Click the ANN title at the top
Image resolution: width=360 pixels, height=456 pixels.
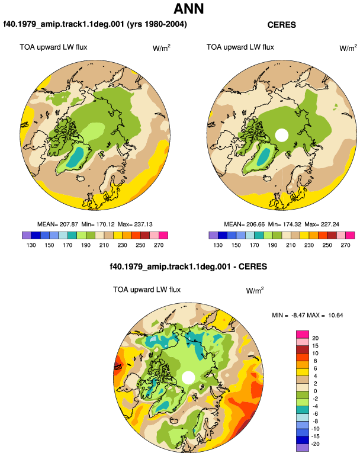[x=188, y=9]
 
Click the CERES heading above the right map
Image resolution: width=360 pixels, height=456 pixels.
[x=281, y=25]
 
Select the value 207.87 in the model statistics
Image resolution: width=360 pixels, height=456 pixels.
[x=69, y=224]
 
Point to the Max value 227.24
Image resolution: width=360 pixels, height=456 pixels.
[x=330, y=224]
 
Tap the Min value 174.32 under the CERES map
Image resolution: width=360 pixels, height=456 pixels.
[x=292, y=224]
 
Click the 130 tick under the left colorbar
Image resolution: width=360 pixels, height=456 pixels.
[x=31, y=245]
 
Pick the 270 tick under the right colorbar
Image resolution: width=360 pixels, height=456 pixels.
[x=345, y=245]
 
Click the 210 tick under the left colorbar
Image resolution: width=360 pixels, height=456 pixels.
[x=104, y=245]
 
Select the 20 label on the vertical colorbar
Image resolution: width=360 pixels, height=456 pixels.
[x=315, y=338]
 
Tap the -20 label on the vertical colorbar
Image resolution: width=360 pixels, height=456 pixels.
[x=315, y=444]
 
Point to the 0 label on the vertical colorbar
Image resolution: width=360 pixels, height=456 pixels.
[x=315, y=391]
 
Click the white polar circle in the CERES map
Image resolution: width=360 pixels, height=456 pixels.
[x=281, y=135]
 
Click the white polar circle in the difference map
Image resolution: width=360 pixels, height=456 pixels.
[x=188, y=377]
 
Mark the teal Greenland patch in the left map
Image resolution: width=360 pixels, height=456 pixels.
[x=75, y=157]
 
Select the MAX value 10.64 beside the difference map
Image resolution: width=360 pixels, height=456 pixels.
[x=336, y=315]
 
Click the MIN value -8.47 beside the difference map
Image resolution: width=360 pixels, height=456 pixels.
[x=298, y=315]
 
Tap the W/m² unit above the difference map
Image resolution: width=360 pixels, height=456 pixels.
[x=255, y=290]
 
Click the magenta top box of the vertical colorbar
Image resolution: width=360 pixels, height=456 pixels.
[x=303, y=334]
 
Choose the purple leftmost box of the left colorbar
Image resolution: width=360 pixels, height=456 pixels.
[x=27, y=235]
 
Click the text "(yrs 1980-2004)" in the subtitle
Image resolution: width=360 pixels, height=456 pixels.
[x=157, y=24]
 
